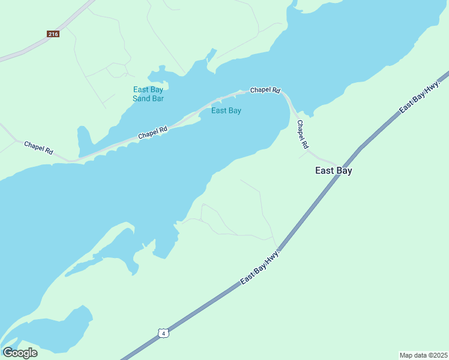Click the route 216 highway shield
[53, 34]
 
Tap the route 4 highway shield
[163, 332]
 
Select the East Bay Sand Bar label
[148, 94]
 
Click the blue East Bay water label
[226, 110]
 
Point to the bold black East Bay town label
[333, 170]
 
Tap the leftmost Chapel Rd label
[38, 148]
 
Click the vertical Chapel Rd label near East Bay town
[303, 134]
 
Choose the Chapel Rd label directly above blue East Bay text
[265, 90]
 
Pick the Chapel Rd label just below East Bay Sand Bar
[152, 132]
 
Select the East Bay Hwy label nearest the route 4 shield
[261, 268]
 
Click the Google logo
[20, 352]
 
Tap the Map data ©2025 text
[423, 355]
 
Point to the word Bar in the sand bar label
[157, 98]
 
